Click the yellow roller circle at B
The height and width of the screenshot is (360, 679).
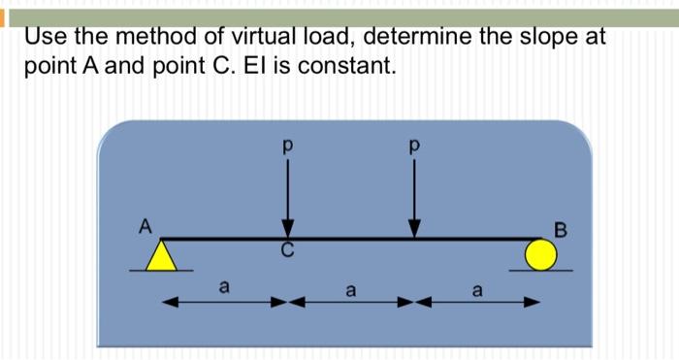541,255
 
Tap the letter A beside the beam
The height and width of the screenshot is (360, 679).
145,226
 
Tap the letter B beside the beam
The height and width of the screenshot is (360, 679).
559,230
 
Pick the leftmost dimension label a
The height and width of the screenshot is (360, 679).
224,286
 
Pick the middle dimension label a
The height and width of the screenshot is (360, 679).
351,288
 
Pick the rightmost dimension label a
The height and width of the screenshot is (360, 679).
476,288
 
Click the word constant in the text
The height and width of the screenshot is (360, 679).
353,69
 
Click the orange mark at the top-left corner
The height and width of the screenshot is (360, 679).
3,20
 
